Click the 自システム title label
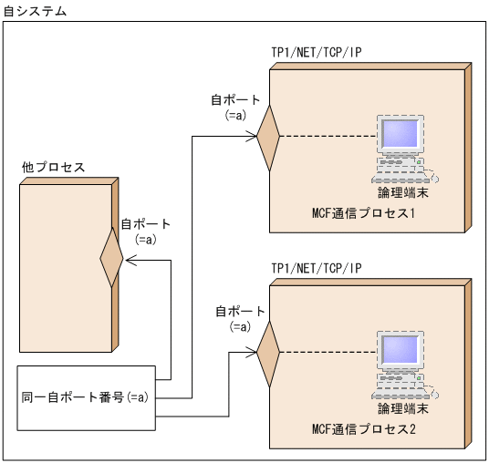[34, 10]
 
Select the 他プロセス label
[53, 168]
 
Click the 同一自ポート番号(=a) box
[87, 397]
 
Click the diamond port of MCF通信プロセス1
[267, 138]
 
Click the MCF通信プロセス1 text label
[363, 213]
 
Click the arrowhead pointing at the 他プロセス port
[130, 261]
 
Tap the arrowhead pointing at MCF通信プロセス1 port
[251, 138]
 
